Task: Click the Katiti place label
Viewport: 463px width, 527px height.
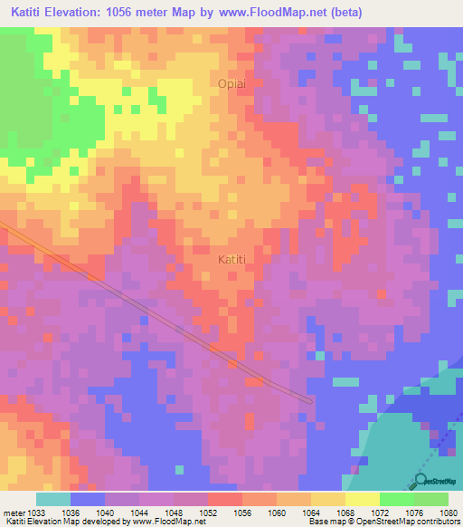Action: (x=232, y=259)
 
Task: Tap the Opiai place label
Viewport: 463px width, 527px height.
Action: (x=231, y=83)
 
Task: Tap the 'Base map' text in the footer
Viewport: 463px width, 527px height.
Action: (x=325, y=522)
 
